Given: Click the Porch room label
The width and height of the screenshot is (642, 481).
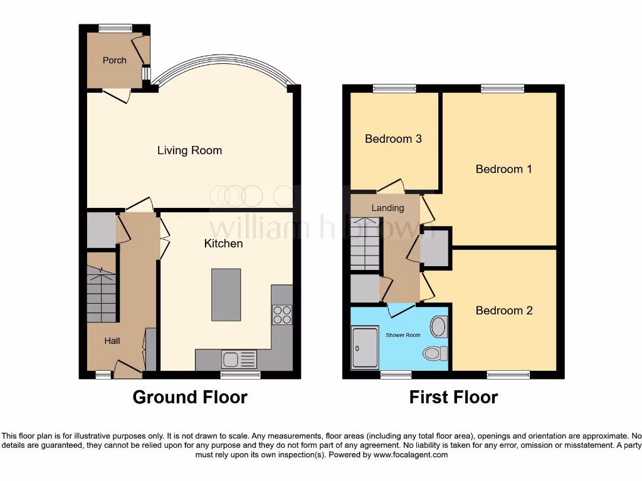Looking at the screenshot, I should click(x=114, y=60).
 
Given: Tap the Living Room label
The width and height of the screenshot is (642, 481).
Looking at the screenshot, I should click(x=189, y=150).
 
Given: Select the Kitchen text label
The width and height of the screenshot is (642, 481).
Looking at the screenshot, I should click(x=223, y=243).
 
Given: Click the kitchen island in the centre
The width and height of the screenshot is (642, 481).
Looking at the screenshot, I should click(x=226, y=294).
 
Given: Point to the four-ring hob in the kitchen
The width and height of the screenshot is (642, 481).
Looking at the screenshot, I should click(x=282, y=314).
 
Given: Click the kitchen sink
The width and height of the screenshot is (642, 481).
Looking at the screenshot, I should click(x=231, y=359).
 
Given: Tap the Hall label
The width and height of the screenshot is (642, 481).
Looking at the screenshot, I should click(x=112, y=341).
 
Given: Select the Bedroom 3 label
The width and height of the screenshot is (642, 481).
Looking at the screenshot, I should click(x=393, y=138).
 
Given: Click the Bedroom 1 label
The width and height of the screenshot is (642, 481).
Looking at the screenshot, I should click(x=503, y=168).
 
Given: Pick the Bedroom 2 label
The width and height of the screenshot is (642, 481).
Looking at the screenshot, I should click(x=503, y=310).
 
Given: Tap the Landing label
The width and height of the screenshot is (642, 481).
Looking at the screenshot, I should click(x=387, y=208).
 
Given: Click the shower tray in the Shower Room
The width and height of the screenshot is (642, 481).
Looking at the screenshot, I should click(x=365, y=347).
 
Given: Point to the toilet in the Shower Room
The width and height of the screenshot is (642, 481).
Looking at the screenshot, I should click(x=434, y=354).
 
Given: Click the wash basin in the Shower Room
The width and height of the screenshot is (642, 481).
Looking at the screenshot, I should click(x=438, y=326).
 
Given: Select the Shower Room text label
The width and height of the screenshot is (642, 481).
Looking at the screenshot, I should click(x=403, y=335).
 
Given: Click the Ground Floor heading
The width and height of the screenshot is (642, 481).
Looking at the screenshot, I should click(x=190, y=397).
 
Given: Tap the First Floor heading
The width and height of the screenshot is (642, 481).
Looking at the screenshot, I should click(x=453, y=397).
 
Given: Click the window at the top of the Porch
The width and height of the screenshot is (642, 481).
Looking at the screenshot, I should click(x=115, y=27).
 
